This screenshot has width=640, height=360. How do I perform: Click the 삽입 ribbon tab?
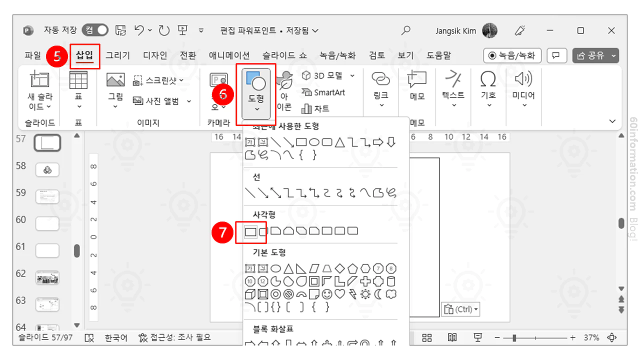click(x=84, y=55)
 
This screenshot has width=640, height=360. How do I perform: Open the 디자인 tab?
click(x=155, y=55)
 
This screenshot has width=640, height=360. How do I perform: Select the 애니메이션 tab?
click(x=229, y=55)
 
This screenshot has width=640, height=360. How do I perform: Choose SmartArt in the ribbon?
click(x=323, y=92)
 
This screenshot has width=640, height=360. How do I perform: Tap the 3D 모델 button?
click(x=328, y=75)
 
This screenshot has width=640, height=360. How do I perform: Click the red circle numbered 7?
click(x=223, y=231)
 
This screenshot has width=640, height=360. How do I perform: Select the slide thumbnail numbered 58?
click(x=47, y=170)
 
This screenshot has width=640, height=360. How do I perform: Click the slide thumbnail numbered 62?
click(x=47, y=277)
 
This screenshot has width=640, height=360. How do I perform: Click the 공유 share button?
click(x=595, y=55)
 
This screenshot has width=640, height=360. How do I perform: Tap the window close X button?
click(x=611, y=30)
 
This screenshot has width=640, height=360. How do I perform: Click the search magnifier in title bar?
click(x=406, y=30)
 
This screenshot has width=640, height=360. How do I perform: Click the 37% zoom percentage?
click(x=591, y=337)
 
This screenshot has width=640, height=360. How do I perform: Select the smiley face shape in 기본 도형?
click(x=327, y=294)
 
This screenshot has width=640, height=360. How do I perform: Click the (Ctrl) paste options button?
click(x=460, y=309)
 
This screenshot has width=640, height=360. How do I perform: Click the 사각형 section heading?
click(x=264, y=215)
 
